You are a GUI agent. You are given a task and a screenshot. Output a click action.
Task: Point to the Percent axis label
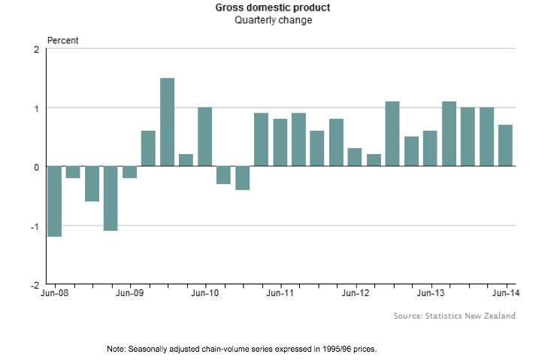tap(63, 40)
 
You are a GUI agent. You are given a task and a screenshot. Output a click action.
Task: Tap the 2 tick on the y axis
tap(35, 50)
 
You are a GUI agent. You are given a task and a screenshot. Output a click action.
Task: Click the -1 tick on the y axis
tap(34, 226)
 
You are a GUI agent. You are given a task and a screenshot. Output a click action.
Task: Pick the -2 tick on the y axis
tap(34, 285)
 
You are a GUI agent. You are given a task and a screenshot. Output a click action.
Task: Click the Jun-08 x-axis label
tap(54, 293)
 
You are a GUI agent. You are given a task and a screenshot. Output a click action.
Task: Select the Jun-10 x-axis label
tap(204, 293)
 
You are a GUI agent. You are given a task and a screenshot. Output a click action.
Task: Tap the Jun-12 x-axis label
tap(355, 293)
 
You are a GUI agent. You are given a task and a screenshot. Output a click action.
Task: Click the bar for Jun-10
tap(204, 137)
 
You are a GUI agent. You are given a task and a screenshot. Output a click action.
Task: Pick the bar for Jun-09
tap(129, 172)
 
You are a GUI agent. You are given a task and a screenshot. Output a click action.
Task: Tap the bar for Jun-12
tap(355, 157)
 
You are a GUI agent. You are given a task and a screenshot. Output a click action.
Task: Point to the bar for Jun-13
tap(430, 149)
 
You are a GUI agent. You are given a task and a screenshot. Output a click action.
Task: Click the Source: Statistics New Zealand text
tap(454, 316)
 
